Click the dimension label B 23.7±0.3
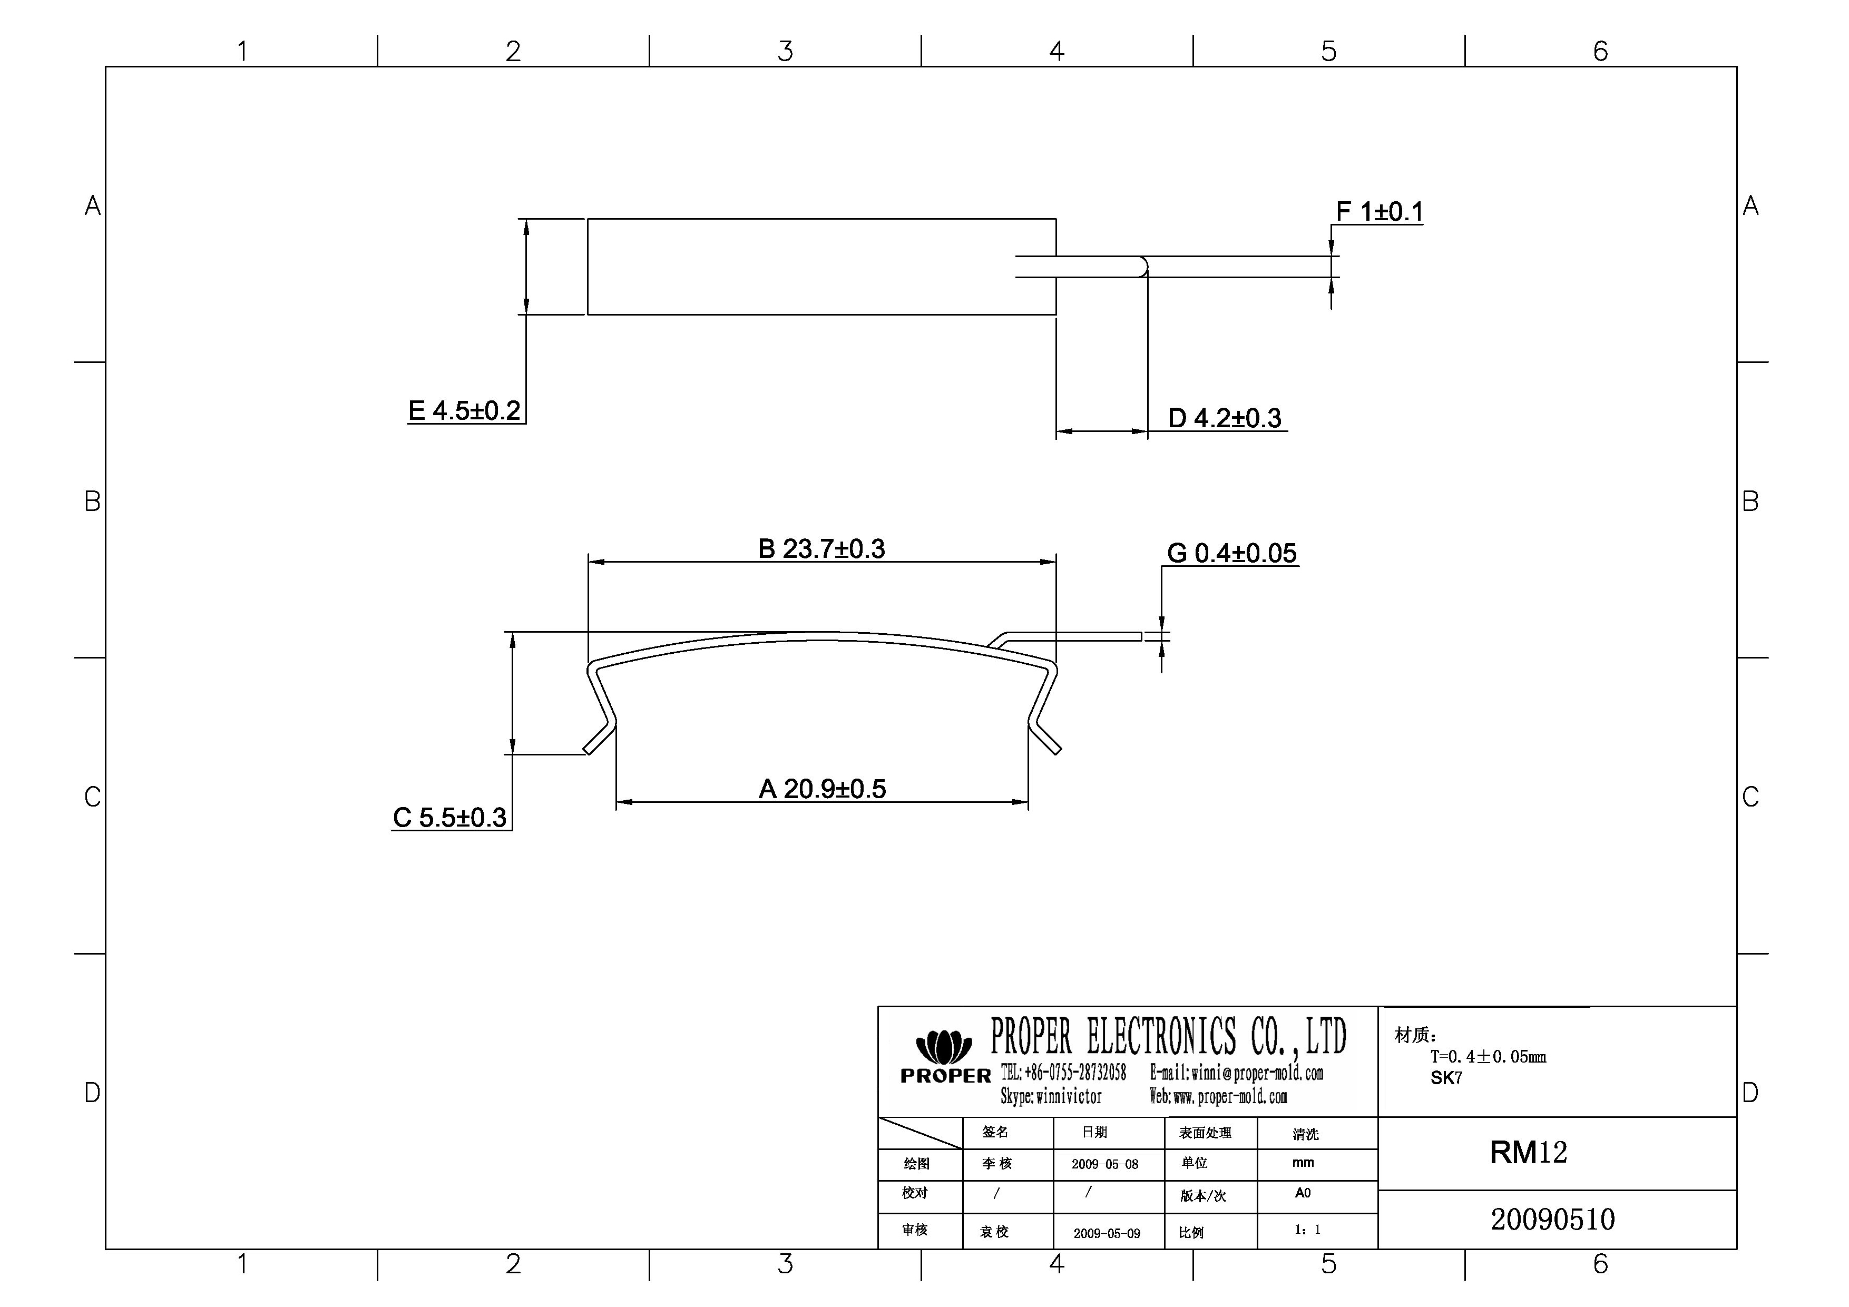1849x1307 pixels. click(821, 549)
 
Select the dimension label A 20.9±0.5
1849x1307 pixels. click(821, 789)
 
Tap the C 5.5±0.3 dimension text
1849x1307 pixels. click(449, 818)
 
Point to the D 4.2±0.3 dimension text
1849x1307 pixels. click(1224, 419)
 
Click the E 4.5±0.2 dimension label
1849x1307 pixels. click(465, 411)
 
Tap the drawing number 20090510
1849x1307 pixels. click(1552, 1220)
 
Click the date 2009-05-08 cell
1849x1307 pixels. click(1105, 1164)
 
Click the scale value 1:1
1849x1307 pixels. click(1307, 1230)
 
